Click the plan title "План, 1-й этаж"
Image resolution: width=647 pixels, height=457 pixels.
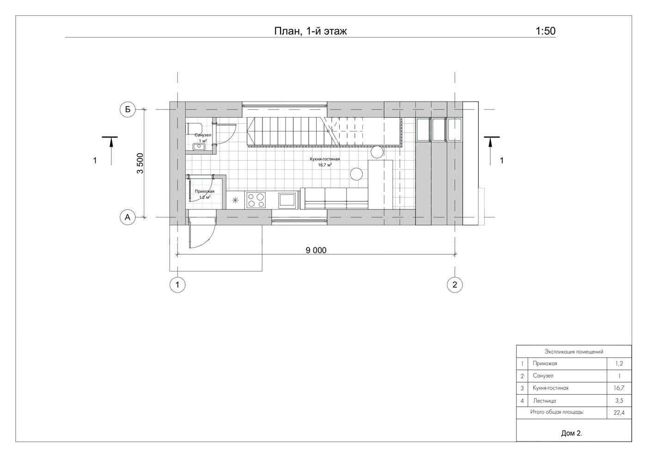point(311,31)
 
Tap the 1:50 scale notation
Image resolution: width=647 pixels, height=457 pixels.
point(546,31)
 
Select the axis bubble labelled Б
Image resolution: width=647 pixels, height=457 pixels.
point(128,110)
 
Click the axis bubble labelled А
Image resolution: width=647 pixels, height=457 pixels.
point(128,217)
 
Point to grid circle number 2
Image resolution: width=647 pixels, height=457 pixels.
point(455,285)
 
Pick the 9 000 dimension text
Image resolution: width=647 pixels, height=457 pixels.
point(316,250)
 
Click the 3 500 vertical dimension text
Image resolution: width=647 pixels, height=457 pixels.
point(140,163)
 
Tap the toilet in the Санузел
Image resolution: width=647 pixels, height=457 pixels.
point(194,128)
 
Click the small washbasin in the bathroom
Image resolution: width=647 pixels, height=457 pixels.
point(199,147)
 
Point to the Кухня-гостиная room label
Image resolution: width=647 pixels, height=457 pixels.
point(324,159)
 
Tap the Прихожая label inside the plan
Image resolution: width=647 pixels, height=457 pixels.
point(204,191)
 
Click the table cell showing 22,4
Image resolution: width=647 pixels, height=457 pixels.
point(619,413)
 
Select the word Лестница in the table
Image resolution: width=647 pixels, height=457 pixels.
point(544,401)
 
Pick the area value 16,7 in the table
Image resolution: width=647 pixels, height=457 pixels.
point(619,388)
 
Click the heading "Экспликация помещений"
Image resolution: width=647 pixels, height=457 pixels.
point(574,352)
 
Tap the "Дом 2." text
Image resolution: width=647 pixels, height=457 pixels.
point(572,433)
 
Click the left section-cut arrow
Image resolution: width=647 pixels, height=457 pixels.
point(111,150)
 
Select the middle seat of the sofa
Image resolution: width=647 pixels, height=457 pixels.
point(336,198)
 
